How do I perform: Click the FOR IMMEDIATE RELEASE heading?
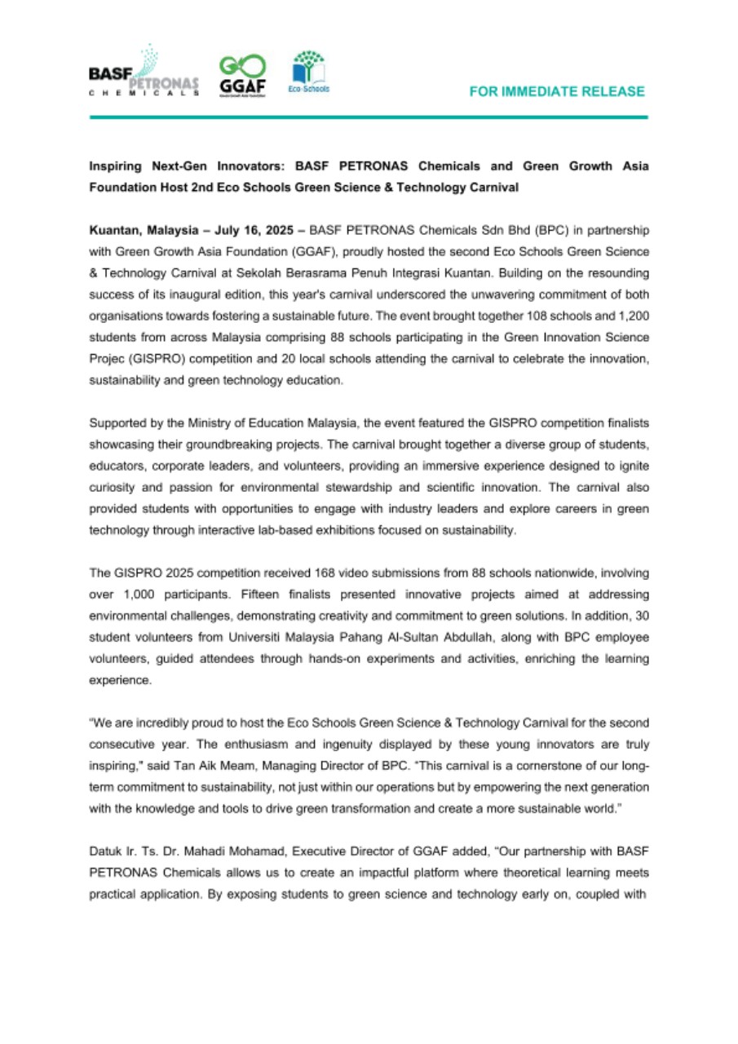(557, 92)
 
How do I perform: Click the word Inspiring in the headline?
(117, 166)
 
